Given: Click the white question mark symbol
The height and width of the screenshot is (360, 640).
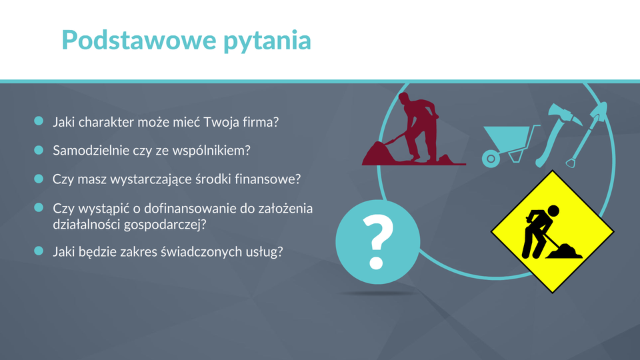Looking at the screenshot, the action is (377, 241).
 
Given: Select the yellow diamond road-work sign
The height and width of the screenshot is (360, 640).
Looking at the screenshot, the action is (552, 231).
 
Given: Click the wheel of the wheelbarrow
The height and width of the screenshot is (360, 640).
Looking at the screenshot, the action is (491, 159).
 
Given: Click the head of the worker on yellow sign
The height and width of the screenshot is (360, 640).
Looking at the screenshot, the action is (553, 211).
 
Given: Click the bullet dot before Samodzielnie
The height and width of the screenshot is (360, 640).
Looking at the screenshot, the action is (39, 150).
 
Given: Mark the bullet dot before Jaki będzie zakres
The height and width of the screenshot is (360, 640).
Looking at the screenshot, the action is (39, 251).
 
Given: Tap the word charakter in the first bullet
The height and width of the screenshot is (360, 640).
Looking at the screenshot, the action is (106, 122).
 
